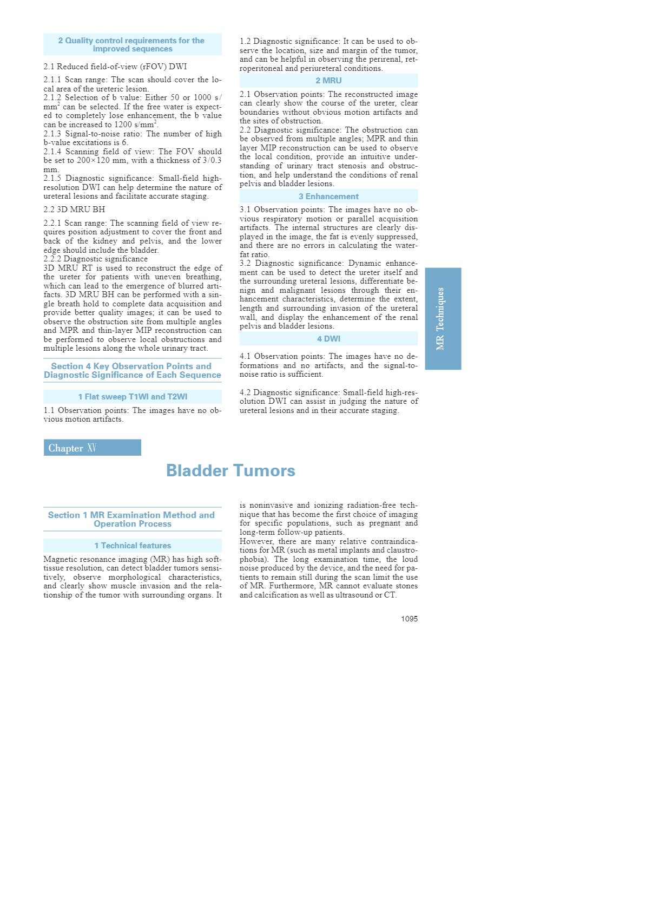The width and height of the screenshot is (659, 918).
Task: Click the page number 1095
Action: click(409, 619)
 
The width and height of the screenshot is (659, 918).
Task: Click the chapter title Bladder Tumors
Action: click(230, 470)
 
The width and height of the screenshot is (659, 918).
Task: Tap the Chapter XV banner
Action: click(92, 448)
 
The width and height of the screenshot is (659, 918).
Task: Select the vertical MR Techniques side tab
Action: click(443, 318)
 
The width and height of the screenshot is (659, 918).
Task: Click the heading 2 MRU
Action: click(328, 81)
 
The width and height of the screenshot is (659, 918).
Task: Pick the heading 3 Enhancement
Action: click(328, 196)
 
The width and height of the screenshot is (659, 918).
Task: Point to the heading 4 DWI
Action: click(328, 339)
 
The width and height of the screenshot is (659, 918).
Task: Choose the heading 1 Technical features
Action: click(133, 546)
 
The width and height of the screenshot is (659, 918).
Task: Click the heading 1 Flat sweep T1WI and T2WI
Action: click(133, 397)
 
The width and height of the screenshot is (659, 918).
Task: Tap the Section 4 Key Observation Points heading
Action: click(133, 370)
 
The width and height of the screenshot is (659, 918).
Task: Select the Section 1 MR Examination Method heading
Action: click(133, 519)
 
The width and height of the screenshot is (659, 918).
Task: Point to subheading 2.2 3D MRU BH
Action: click(74, 209)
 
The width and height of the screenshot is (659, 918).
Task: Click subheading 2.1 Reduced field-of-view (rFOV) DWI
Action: click(115, 67)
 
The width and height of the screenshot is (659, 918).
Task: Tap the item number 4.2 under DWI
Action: click(246, 392)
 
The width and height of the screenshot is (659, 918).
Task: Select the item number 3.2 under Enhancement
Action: click(246, 264)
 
